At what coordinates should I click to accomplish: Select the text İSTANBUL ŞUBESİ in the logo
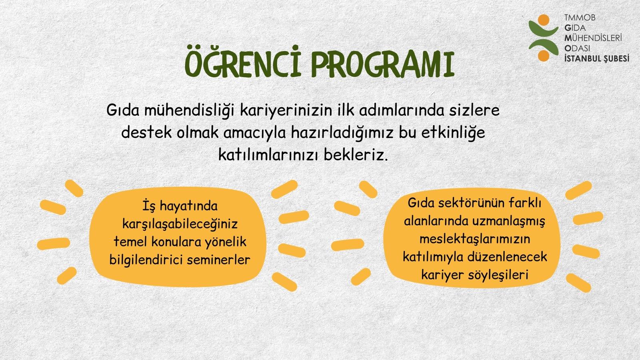coord(596,58)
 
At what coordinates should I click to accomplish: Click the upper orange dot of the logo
coord(543,20)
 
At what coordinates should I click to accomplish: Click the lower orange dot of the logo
coord(543,56)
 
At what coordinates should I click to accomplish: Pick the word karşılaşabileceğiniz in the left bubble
coord(180,224)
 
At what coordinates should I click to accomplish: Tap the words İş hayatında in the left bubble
coord(180,206)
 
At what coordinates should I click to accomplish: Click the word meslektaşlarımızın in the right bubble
coord(475,239)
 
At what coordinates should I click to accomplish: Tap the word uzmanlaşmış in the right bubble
coord(508,221)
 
